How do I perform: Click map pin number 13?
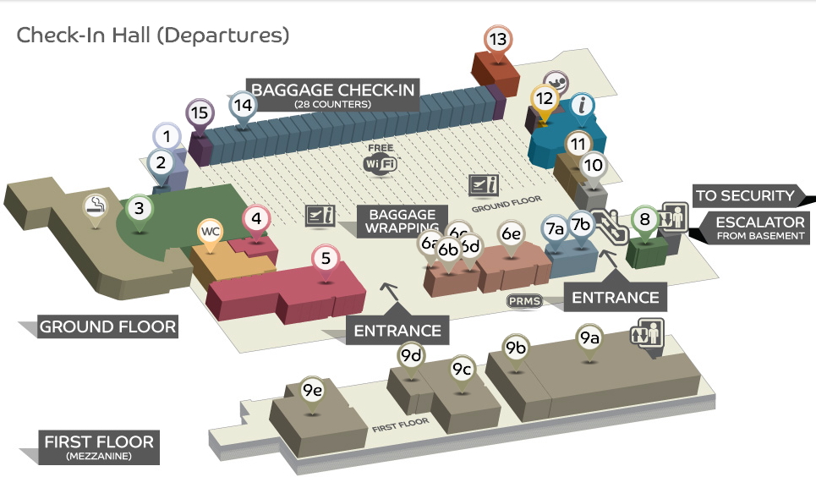pyautogui.click(x=498, y=40)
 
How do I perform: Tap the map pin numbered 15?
pyautogui.click(x=200, y=113)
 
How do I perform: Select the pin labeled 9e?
pyautogui.click(x=313, y=391)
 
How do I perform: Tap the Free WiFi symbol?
pyautogui.click(x=381, y=161)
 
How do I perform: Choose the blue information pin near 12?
pyautogui.click(x=581, y=107)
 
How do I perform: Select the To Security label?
pyautogui.click(x=745, y=196)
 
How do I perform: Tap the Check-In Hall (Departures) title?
pyautogui.click(x=153, y=36)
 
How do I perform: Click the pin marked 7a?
pyautogui.click(x=555, y=228)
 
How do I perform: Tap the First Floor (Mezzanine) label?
pyautogui.click(x=99, y=447)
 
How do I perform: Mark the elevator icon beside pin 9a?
pyautogui.click(x=647, y=332)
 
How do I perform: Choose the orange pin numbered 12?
pyautogui.click(x=544, y=99)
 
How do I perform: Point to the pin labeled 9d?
pyautogui.click(x=411, y=356)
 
